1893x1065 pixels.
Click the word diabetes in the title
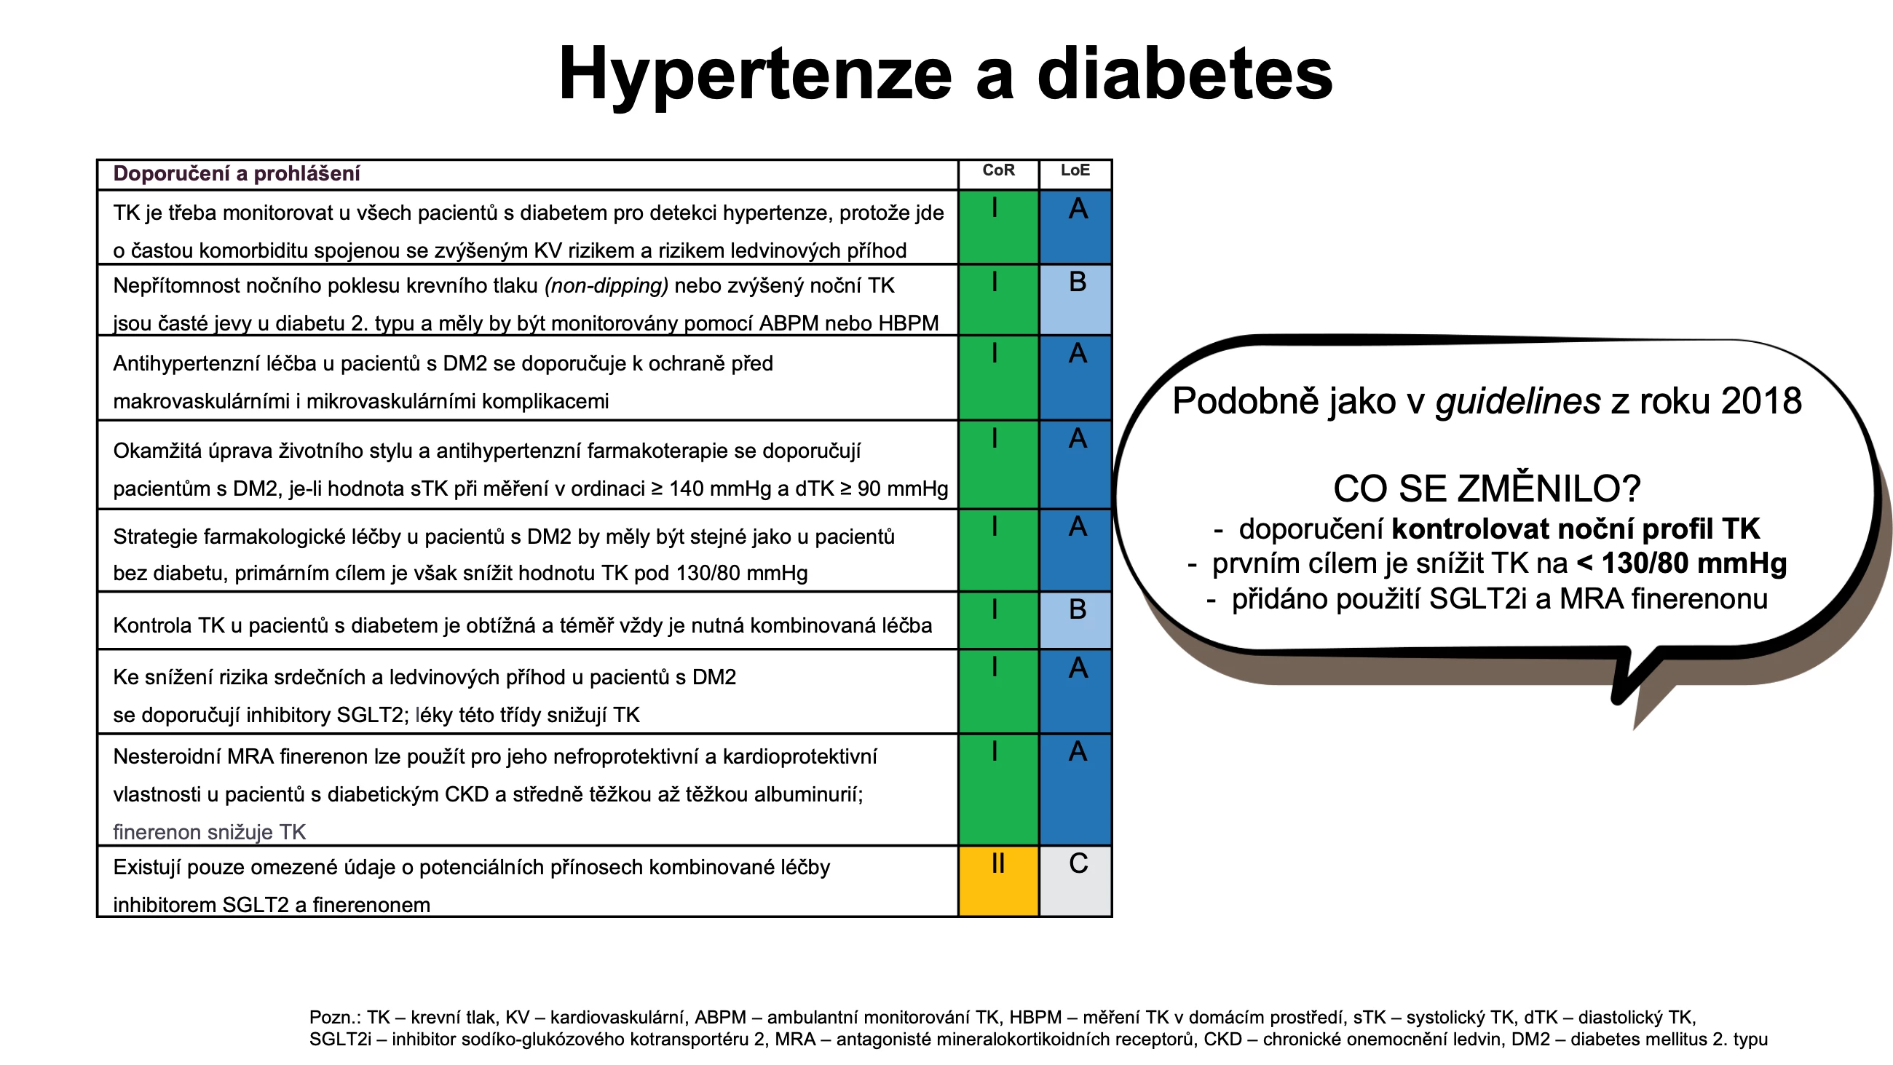pos(1185,74)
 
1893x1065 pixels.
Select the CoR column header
pos(998,170)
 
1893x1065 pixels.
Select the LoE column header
pos(1075,170)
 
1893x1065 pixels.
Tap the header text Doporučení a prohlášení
pos(237,173)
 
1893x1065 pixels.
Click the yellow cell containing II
pos(998,882)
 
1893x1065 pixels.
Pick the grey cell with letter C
pos(1075,882)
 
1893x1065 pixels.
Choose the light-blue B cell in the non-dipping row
pos(1075,300)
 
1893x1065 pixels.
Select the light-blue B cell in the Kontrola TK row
pos(1075,620)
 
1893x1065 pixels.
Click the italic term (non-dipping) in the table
pos(606,286)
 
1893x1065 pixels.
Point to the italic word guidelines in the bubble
pos(1517,401)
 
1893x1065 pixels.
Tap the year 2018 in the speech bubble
pos(1760,401)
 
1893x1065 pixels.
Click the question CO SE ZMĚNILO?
pos(1487,488)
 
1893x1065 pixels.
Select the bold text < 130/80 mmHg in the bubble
pos(1681,563)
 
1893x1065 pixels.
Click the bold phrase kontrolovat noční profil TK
pos(1576,529)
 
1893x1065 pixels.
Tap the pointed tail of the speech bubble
pos(1619,700)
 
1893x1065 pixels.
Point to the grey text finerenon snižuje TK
pos(210,832)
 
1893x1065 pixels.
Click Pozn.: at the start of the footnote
pos(334,1018)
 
